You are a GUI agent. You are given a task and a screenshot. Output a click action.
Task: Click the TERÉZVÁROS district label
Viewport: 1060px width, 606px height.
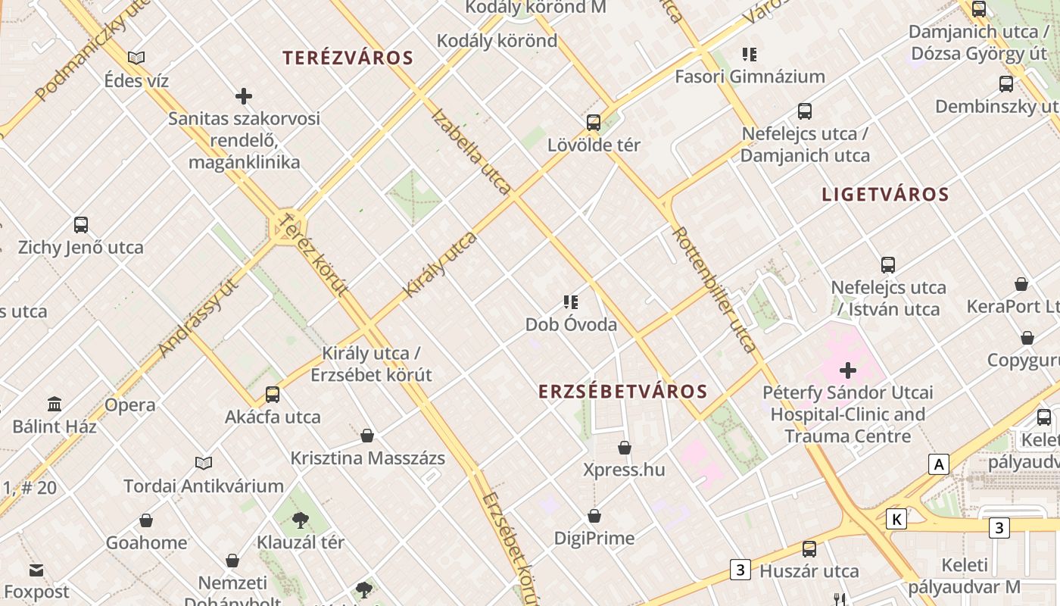[348, 58]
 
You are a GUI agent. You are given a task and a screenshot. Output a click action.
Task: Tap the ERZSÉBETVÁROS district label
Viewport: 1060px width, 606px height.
[623, 392]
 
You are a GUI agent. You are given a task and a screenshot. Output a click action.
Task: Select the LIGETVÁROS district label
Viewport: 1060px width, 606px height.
[885, 195]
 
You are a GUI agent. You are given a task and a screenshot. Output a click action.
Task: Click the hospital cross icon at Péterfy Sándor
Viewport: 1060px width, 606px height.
[848, 370]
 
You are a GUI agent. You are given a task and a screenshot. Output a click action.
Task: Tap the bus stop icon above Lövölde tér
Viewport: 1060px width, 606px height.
[594, 122]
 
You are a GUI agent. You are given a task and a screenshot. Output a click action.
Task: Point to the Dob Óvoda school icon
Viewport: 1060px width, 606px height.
[571, 302]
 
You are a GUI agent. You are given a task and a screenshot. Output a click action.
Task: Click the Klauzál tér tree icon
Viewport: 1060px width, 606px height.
[301, 520]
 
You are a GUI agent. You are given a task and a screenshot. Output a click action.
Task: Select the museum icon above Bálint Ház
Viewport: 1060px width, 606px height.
[55, 404]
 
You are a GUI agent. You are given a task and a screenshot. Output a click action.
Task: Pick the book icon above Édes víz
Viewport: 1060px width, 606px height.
[136, 58]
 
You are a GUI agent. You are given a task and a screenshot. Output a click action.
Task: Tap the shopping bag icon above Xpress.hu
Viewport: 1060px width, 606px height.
[625, 448]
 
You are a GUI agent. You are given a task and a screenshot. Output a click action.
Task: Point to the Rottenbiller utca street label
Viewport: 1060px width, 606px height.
[713, 289]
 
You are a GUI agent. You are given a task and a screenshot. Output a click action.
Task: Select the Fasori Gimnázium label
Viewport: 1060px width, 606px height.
[750, 77]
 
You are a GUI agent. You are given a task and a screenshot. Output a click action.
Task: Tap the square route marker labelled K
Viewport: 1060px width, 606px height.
[896, 520]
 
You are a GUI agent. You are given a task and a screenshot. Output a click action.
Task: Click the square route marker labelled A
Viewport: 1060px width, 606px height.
[939, 464]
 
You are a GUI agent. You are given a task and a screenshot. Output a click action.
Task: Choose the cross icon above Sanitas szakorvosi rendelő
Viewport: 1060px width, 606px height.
[244, 96]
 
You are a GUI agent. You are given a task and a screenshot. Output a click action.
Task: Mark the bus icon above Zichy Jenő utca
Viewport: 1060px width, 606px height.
[81, 225]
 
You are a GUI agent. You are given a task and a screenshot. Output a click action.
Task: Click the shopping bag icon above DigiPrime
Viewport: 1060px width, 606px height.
[594, 517]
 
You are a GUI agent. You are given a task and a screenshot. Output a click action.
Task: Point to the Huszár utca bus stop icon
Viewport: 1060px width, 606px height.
[809, 549]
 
